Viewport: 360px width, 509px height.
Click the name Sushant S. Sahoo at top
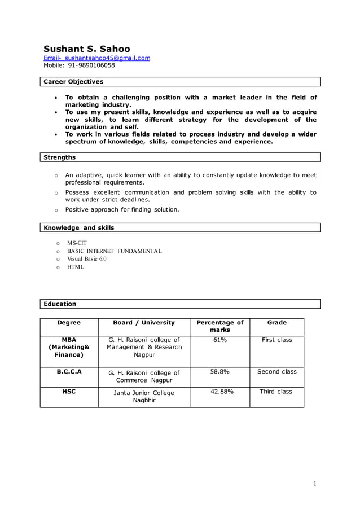[x=87, y=49]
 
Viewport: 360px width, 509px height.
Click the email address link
[x=97, y=58]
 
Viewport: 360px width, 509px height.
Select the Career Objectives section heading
[x=73, y=82]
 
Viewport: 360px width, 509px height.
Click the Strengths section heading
[x=59, y=157]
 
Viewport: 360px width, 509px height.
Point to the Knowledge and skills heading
[x=78, y=228]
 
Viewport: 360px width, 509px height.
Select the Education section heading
[x=59, y=304]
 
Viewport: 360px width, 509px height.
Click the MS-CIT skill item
[x=77, y=243]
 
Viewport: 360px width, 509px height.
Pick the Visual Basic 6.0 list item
[x=86, y=259]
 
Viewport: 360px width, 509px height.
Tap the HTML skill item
[x=75, y=267]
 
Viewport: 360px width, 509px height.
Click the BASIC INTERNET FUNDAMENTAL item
[x=114, y=251]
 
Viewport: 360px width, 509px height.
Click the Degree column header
[x=69, y=323]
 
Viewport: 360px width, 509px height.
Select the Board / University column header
[x=144, y=323]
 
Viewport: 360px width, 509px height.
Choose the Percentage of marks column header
[x=219, y=326]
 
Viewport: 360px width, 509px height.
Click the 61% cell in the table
[x=219, y=340]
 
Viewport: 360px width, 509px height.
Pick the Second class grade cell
[x=276, y=372]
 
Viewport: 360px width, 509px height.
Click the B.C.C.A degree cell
[x=69, y=372]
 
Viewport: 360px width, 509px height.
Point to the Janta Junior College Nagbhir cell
[x=144, y=396]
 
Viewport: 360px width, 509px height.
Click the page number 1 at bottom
[x=315, y=483]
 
